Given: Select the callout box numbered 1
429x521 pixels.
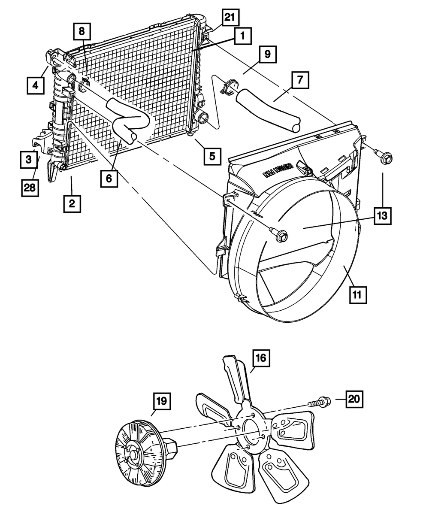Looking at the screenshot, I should pyautogui.click(x=242, y=37).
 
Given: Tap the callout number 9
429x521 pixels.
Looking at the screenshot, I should pyautogui.click(x=267, y=54).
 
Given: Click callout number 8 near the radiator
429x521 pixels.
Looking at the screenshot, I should pyautogui.click(x=82, y=31).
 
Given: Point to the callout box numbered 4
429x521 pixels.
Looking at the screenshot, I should pyautogui.click(x=35, y=85).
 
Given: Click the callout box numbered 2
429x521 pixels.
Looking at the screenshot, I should pyautogui.click(x=72, y=203).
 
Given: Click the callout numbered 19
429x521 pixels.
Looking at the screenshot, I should pyautogui.click(x=161, y=402).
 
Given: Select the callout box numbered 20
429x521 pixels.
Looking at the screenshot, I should pyautogui.click(x=353, y=399).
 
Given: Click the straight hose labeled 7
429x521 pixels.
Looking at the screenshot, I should pyautogui.click(x=268, y=108).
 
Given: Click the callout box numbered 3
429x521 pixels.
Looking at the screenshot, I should pyautogui.click(x=28, y=160).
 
